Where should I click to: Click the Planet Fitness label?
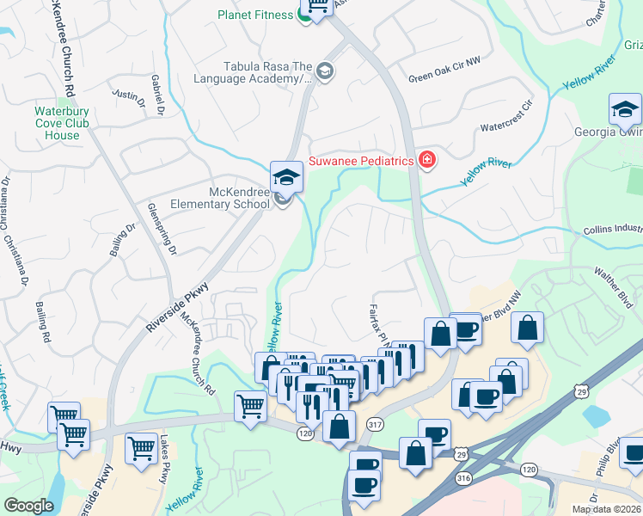pyautogui.click(x=255, y=15)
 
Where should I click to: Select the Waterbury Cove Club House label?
pyautogui.click(x=63, y=123)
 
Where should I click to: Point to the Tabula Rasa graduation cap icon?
pyautogui.click(x=324, y=71)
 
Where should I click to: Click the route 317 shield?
pyautogui.click(x=374, y=424)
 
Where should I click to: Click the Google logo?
pyautogui.click(x=28, y=506)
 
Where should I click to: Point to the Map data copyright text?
pyautogui.click(x=610, y=509)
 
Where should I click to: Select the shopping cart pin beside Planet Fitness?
pyautogui.click(x=318, y=8)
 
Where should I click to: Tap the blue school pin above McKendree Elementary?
pyautogui.click(x=286, y=177)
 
